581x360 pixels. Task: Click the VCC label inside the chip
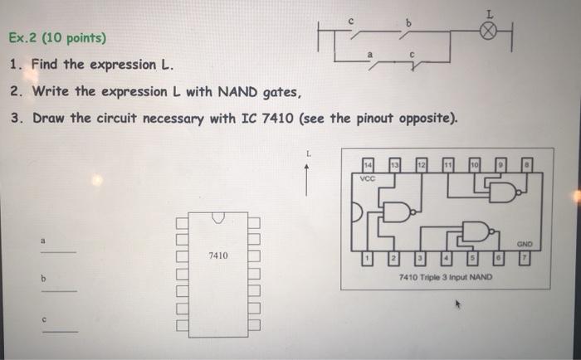(368, 178)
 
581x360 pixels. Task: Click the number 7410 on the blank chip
(217, 256)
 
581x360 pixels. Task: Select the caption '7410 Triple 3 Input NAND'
(444, 277)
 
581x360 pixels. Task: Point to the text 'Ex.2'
(24, 38)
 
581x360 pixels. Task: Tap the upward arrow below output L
(307, 178)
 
